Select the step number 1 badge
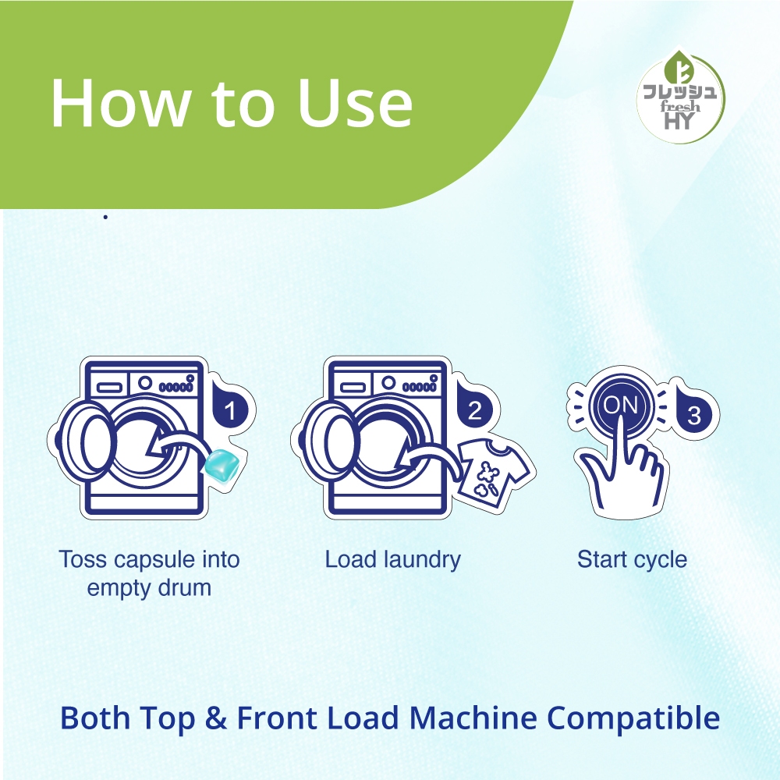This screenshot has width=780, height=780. (x=229, y=409)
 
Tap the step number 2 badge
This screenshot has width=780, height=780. (x=474, y=409)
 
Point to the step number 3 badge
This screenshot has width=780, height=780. (x=693, y=413)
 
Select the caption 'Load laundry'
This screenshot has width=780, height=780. (x=393, y=559)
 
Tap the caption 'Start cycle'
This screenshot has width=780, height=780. (x=632, y=559)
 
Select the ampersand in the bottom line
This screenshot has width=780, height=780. (x=215, y=718)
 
